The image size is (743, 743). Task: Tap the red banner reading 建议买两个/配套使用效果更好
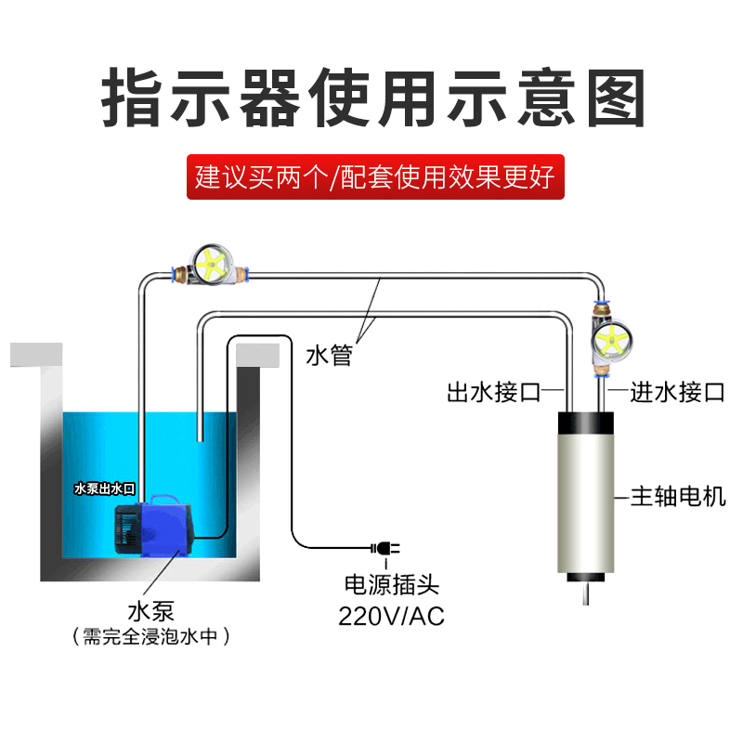(375, 176)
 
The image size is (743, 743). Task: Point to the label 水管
(329, 355)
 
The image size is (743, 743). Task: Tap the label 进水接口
(677, 392)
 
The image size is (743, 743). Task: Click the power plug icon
(384, 549)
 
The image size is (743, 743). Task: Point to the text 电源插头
(391, 586)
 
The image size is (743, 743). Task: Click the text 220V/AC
(391, 615)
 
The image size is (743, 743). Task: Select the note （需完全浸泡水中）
(150, 637)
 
